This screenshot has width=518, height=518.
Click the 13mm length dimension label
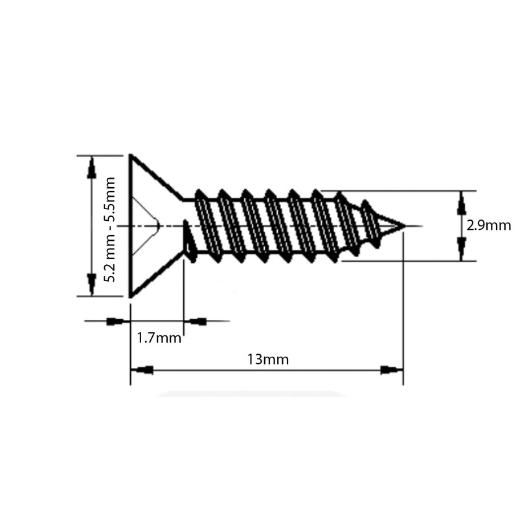pyautogui.click(x=267, y=359)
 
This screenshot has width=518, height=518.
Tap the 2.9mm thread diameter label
pyautogui.click(x=489, y=225)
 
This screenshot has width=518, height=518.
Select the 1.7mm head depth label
pyautogui.click(x=159, y=337)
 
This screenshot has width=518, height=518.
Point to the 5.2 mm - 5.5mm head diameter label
pyautogui.click(x=110, y=229)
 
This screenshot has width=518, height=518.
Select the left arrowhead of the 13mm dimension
pyautogui.click(x=142, y=370)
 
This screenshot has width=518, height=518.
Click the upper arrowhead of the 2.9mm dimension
pyautogui.click(x=461, y=203)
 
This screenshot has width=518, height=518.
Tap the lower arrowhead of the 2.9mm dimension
pyautogui.click(x=461, y=249)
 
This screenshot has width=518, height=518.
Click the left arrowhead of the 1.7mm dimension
pyautogui.click(x=117, y=321)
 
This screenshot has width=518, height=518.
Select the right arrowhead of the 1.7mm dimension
pyautogui.click(x=197, y=321)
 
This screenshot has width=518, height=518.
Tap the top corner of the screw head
pyautogui.click(x=131, y=155)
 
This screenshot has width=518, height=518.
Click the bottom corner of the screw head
pyautogui.click(x=131, y=297)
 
